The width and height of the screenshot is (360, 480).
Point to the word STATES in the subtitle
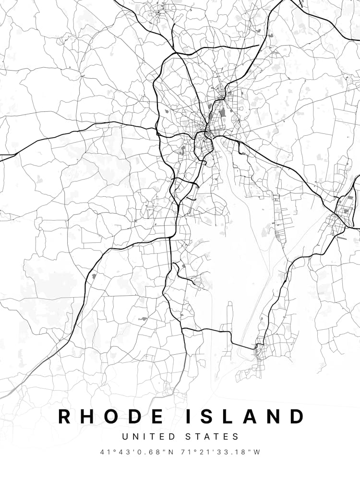[212, 437]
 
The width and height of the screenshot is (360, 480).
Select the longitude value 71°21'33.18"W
[220, 452]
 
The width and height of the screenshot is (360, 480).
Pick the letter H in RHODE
[88, 416]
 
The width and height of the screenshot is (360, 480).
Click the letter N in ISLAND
[274, 416]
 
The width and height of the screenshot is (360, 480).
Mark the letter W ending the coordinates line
[257, 452]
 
